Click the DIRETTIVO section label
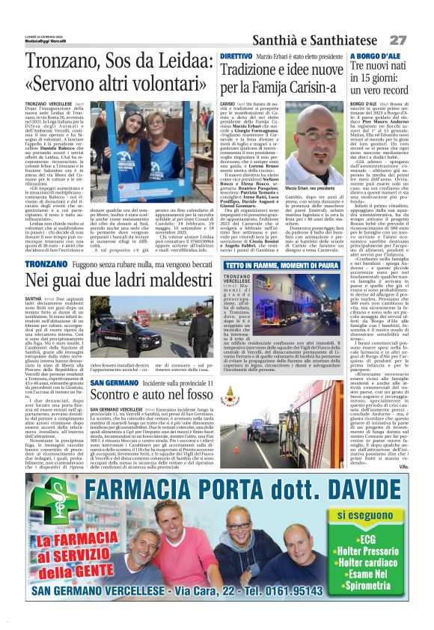click(x=236, y=56)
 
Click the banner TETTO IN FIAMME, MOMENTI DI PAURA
click(x=283, y=266)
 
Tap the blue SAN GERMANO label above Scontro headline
click(x=114, y=383)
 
